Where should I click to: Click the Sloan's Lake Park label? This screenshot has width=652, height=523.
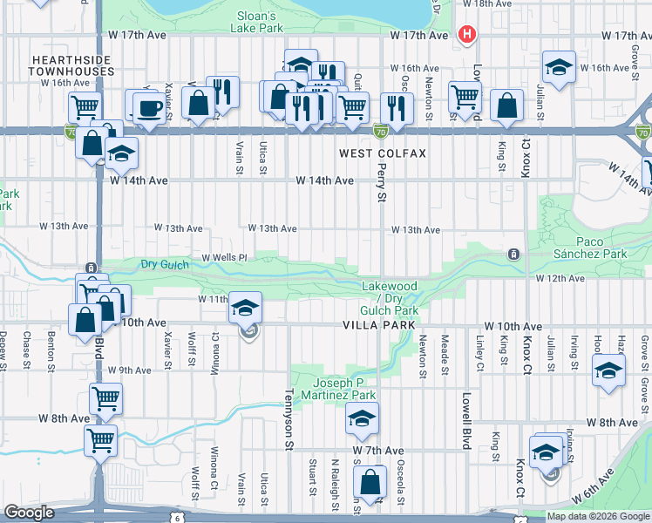tap(258, 22)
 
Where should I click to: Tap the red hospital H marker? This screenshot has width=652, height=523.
tap(467, 35)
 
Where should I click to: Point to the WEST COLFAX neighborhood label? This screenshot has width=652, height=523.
tap(383, 153)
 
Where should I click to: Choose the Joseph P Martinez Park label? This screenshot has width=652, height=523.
tap(346, 389)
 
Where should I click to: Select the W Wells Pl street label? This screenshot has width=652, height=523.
tap(225, 258)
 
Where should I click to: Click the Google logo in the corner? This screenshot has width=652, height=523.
tap(30, 513)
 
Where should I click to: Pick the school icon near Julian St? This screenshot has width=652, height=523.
tap(559, 67)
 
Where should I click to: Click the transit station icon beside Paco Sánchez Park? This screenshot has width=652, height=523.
tap(514, 255)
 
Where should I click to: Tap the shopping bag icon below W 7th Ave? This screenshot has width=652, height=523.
tap(370, 481)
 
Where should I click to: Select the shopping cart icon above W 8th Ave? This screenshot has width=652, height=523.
tap(105, 399)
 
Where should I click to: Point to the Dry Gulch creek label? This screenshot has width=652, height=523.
tap(159, 264)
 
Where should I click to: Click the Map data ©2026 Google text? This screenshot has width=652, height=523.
tap(598, 516)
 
